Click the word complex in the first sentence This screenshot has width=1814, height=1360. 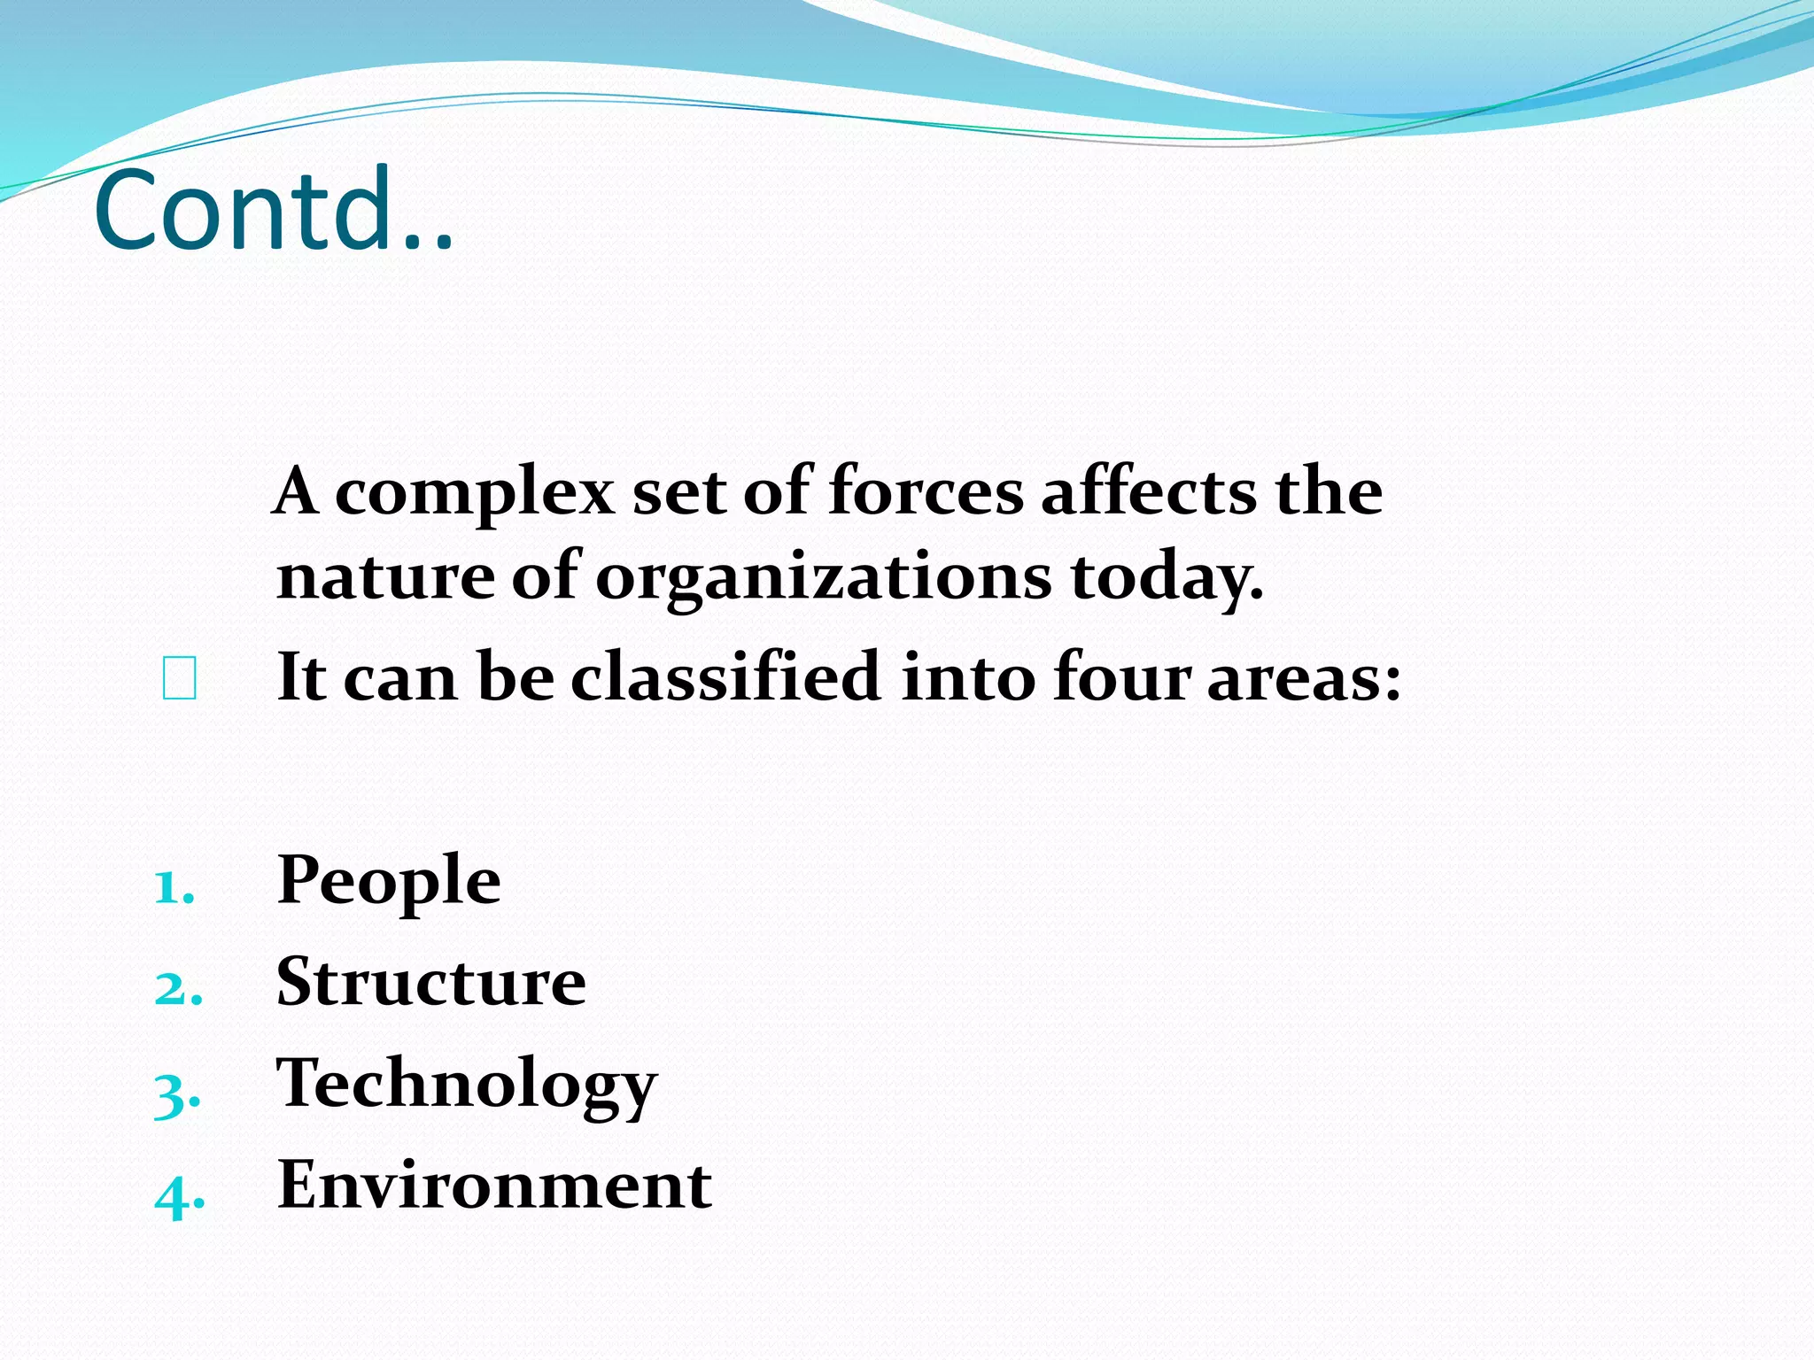pos(475,492)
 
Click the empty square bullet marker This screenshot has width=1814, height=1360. pos(180,679)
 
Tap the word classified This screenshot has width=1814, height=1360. pos(725,676)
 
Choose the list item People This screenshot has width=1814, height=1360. pos(389,882)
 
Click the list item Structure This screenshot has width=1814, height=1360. pos(431,982)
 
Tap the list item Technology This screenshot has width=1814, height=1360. pos(467,1085)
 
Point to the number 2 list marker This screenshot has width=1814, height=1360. pos(178,988)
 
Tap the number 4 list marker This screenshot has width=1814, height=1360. pos(179,1196)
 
